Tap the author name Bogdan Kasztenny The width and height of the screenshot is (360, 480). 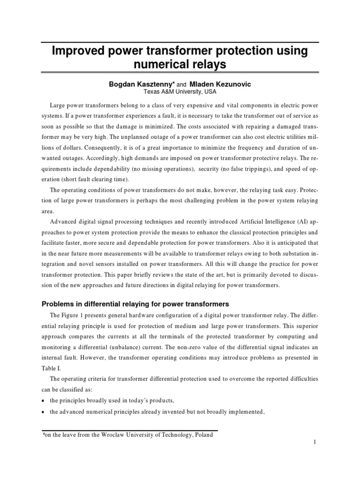(x=141, y=84)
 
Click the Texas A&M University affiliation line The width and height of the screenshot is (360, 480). (x=180, y=92)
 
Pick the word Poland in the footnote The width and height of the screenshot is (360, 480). (x=202, y=435)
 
